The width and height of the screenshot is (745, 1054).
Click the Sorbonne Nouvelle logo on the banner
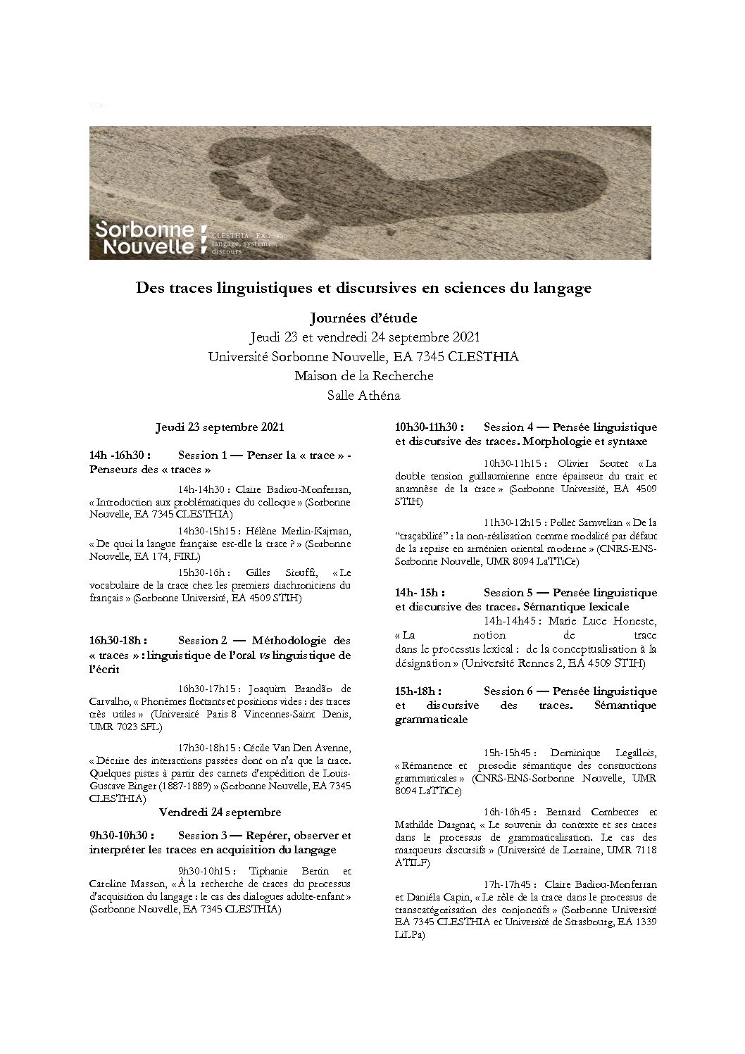pos(148,238)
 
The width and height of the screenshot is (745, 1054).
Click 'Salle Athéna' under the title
pos(363,396)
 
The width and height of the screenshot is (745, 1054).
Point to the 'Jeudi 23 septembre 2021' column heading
pos(219,427)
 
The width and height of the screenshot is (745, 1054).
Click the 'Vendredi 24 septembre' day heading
pos(220,812)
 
